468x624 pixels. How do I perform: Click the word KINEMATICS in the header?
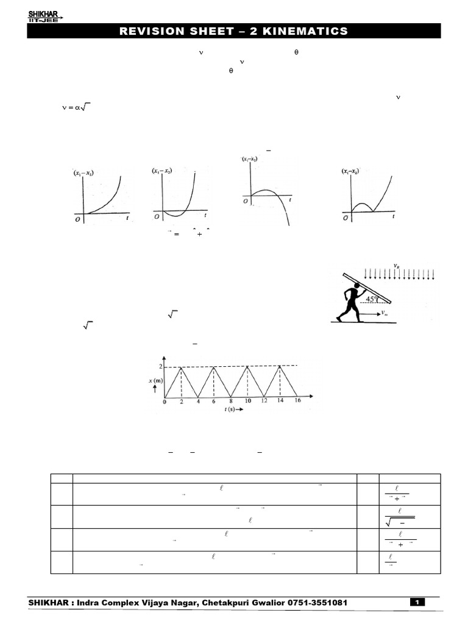(x=309, y=31)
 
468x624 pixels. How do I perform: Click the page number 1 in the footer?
(x=418, y=603)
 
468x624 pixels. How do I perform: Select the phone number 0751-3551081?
(x=313, y=603)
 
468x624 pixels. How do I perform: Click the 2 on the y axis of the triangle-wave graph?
(x=161, y=367)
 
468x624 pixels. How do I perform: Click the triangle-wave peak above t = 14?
(x=280, y=366)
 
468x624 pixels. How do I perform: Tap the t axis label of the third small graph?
(x=290, y=199)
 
